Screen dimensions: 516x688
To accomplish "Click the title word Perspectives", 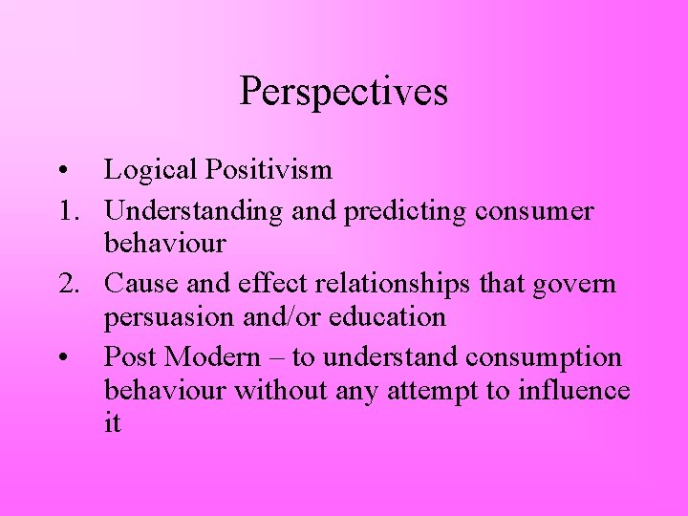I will [343, 93].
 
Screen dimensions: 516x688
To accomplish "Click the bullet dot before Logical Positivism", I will [61, 173].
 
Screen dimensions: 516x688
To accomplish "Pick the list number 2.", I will [66, 283].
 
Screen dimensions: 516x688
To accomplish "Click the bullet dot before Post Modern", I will [61, 358].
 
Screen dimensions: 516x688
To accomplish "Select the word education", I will [391, 317].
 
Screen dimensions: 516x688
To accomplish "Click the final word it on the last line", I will [113, 424].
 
